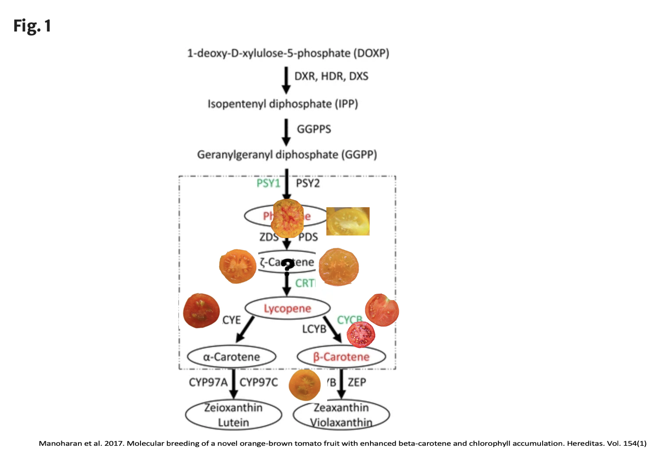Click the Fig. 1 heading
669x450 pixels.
(x=32, y=26)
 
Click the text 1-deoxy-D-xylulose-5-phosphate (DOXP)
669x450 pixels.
(x=288, y=54)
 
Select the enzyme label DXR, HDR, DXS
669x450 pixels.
(x=331, y=76)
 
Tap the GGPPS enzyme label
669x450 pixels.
(x=314, y=129)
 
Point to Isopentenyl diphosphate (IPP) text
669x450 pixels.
(x=283, y=104)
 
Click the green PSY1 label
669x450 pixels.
(x=268, y=183)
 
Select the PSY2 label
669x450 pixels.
(x=308, y=183)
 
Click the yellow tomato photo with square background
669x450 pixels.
(x=348, y=221)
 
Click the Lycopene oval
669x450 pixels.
(x=287, y=308)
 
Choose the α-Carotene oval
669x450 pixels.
(x=231, y=357)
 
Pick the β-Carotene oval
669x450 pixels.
(x=341, y=357)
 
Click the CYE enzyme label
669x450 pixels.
(x=231, y=320)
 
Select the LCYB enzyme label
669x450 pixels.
(x=314, y=329)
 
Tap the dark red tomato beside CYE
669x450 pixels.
(x=201, y=311)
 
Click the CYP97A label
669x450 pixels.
(x=208, y=382)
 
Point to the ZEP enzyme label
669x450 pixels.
(x=357, y=382)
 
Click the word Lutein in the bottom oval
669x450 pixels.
(x=233, y=423)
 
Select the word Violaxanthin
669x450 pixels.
(x=341, y=423)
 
